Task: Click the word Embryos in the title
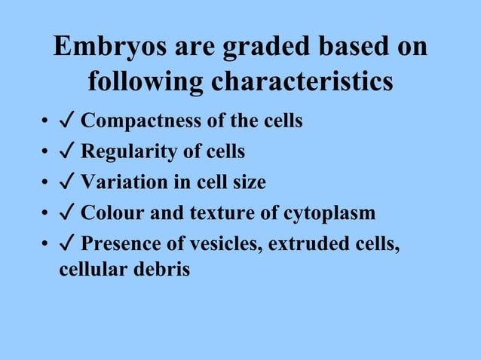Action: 102,48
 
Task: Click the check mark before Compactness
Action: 66,121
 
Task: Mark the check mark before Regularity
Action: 66,151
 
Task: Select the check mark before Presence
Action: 66,245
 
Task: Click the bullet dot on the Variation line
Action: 46,184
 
